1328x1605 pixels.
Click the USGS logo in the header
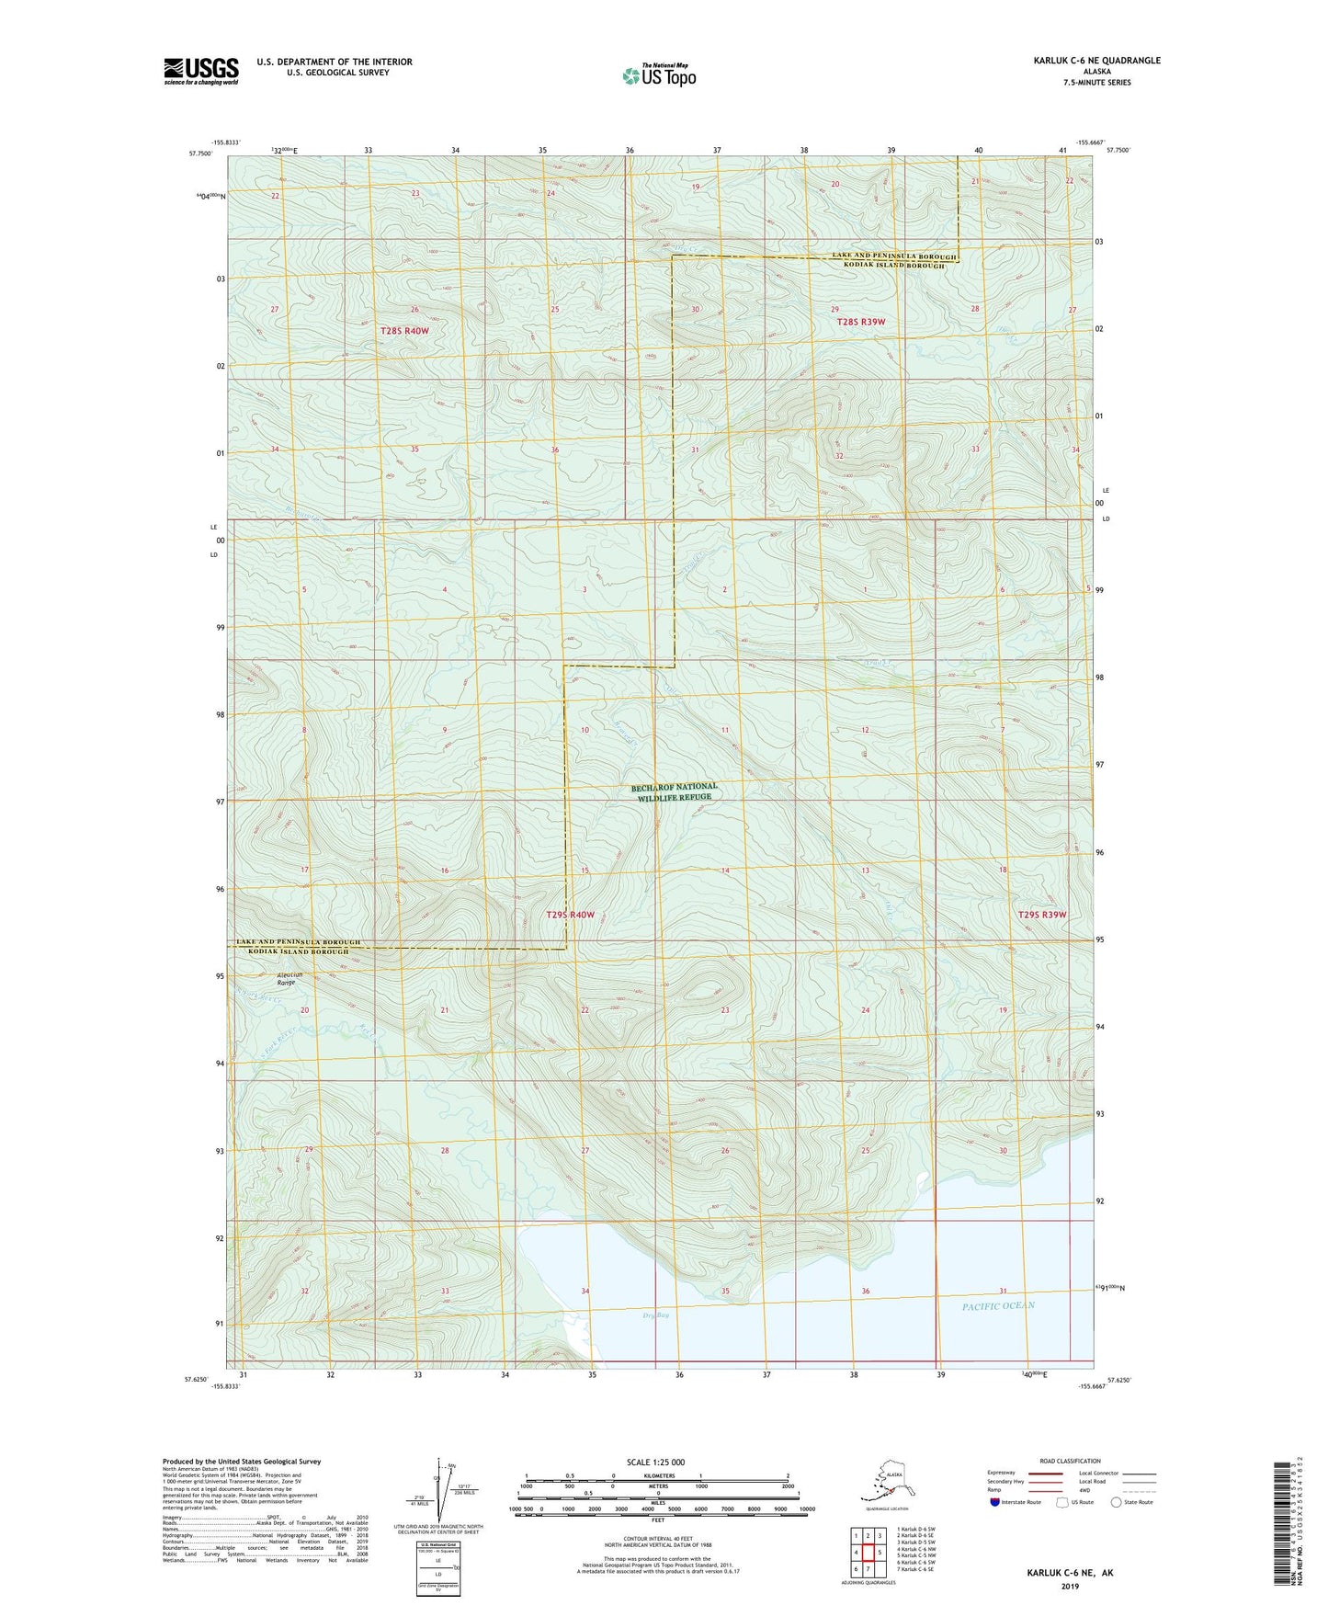coord(200,71)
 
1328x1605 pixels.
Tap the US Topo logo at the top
coord(659,75)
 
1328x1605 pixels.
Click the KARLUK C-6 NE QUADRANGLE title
coord(1095,61)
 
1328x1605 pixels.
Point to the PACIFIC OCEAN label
coord(998,1306)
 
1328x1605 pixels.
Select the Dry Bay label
coord(655,1316)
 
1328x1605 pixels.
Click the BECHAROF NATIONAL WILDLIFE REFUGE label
coord(675,792)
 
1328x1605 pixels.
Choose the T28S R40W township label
coord(404,330)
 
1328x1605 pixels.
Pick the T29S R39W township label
coord(1042,915)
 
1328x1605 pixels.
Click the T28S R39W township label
coord(860,322)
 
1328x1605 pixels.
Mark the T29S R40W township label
coord(571,915)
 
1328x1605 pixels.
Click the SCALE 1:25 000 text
coord(656,1462)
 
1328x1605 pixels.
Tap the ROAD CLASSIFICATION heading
coord(1070,1461)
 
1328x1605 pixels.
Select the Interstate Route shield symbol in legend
coord(995,1502)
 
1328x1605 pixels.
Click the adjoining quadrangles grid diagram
coord(868,1549)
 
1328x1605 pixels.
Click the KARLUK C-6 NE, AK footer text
coord(1070,1573)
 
